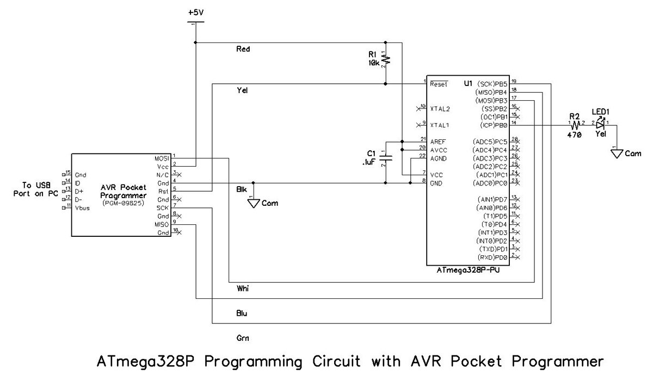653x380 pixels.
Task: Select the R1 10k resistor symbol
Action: point(385,59)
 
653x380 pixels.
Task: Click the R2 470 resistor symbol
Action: point(575,125)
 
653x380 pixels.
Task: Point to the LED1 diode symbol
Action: point(600,125)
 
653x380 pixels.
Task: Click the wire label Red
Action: point(243,49)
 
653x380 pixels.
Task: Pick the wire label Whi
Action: point(243,287)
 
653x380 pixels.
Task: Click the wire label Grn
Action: point(243,338)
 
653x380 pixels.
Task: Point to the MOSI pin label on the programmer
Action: point(162,158)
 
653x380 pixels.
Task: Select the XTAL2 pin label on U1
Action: point(439,109)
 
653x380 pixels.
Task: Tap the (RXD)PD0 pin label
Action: point(492,257)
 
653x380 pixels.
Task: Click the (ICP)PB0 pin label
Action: point(492,125)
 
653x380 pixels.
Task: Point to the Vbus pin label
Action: point(83,208)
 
